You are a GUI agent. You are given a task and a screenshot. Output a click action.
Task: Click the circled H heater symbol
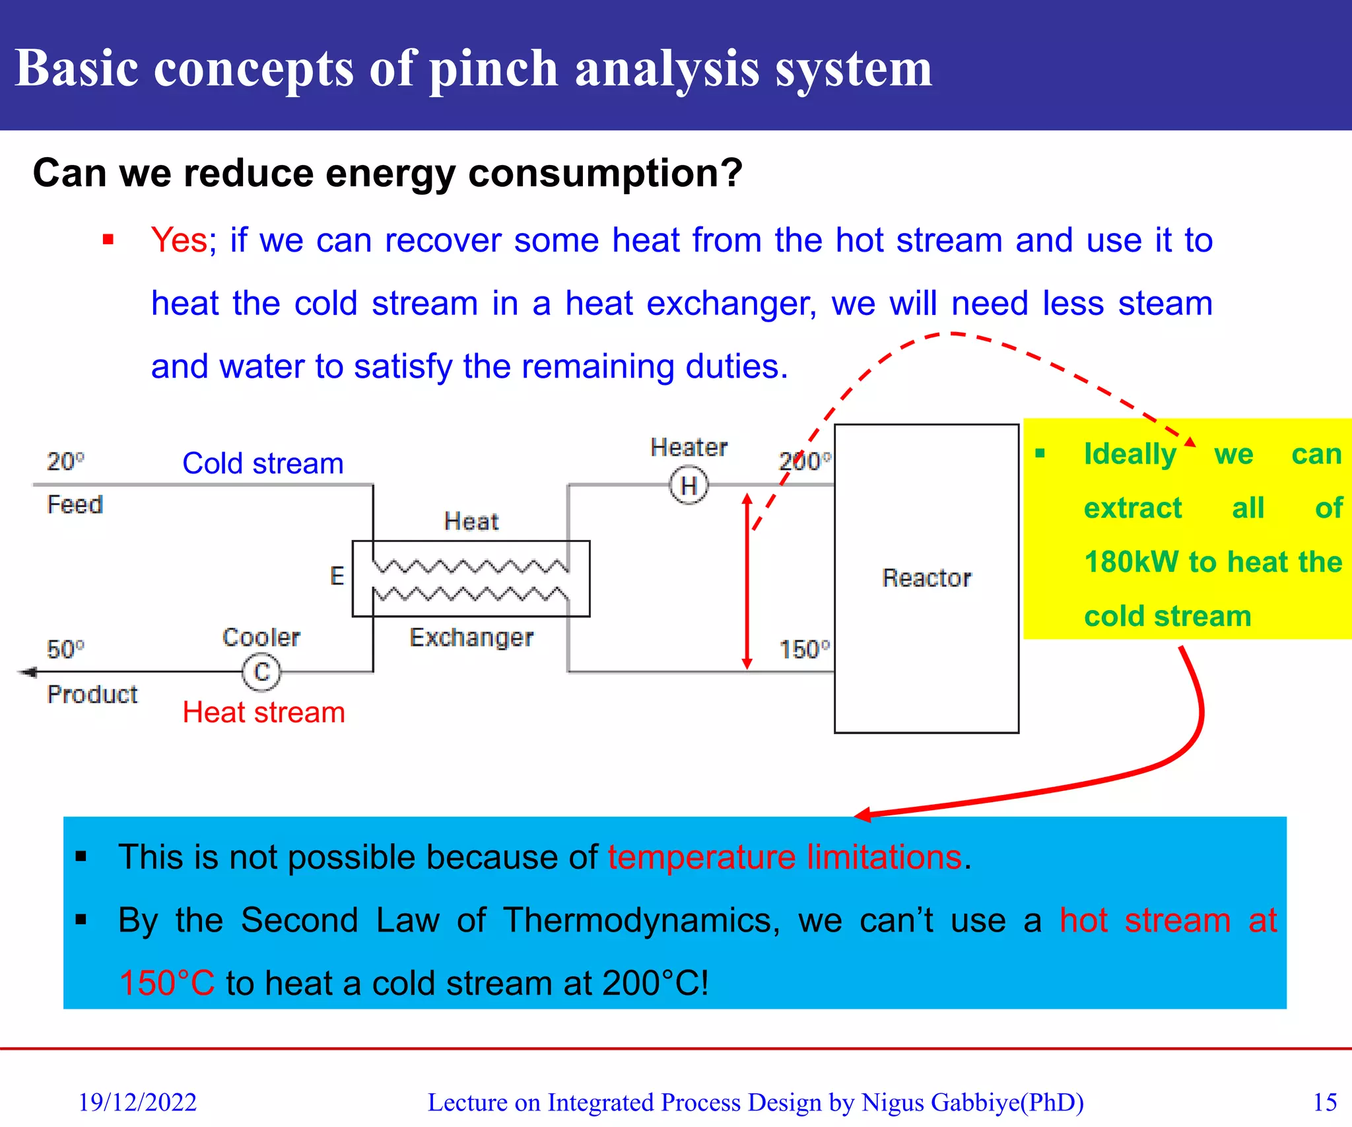(x=689, y=486)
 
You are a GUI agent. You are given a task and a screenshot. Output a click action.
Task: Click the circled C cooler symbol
(x=261, y=672)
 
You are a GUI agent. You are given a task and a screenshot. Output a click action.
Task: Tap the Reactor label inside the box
(x=926, y=578)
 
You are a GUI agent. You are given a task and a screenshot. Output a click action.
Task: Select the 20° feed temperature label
(x=65, y=461)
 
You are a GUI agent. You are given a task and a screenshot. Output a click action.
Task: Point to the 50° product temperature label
(x=65, y=649)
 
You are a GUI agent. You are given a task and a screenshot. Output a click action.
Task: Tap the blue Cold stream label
(x=263, y=463)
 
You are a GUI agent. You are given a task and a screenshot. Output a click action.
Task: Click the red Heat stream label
(x=263, y=712)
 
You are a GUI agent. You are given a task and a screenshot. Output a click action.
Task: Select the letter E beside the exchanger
(x=337, y=576)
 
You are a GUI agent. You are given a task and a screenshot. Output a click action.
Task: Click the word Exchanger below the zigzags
(x=471, y=637)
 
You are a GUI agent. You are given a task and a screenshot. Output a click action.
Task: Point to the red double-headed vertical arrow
(x=747, y=581)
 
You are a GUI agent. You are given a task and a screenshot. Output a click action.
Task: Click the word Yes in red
(x=179, y=240)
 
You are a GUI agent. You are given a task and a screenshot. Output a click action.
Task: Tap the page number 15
(x=1324, y=1102)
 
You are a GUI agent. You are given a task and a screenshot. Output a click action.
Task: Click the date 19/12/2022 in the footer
(x=137, y=1102)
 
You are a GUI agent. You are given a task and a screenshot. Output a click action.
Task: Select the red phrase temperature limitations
(x=784, y=857)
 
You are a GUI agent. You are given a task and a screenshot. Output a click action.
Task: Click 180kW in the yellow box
(x=1130, y=562)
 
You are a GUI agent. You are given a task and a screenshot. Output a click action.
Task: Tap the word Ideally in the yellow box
(x=1130, y=454)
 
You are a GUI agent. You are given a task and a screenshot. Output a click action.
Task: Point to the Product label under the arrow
(x=92, y=694)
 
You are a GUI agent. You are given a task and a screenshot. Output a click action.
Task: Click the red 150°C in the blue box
(x=167, y=982)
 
